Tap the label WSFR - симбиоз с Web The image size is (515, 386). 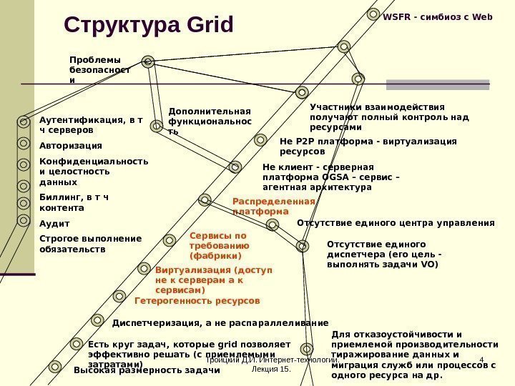(438, 15)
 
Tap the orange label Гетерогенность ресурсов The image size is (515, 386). (197, 301)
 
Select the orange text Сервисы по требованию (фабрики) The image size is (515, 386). (217, 245)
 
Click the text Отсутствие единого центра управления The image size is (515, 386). (396, 223)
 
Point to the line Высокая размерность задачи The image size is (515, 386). (146, 370)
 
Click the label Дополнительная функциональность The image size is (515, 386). (209, 122)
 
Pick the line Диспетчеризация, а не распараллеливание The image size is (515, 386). (220, 322)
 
